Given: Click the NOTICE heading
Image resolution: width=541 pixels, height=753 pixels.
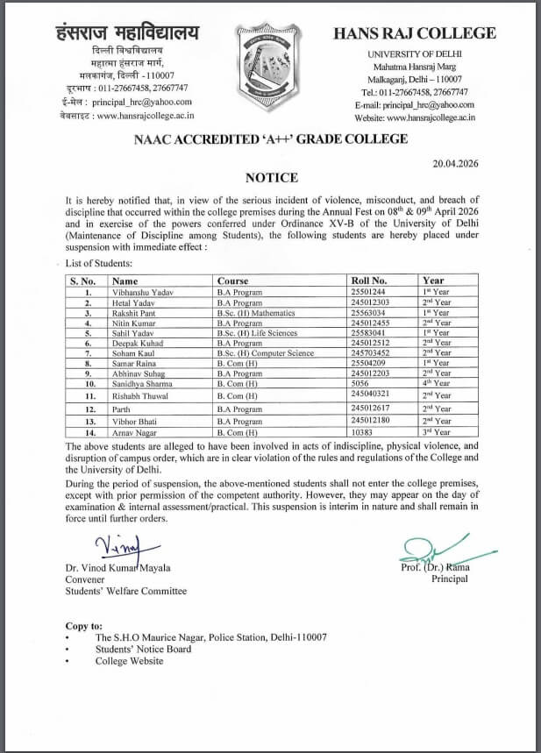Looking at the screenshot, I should (271, 176).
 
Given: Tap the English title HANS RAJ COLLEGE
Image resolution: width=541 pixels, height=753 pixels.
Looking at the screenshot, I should (415, 34).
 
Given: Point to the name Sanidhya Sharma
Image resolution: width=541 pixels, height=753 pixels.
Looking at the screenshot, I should (140, 384).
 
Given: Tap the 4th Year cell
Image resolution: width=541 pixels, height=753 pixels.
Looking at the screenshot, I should (436, 384).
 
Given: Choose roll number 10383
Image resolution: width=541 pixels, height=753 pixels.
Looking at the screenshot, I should (363, 433).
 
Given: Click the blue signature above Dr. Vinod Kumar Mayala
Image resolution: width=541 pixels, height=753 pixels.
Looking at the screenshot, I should (118, 547).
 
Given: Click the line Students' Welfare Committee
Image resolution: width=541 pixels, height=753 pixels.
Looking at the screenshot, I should (126, 591).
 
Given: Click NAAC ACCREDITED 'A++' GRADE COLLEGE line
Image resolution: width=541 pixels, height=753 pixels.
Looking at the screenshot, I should (270, 139).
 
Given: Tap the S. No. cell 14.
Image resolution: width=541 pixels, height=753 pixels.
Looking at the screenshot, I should (89, 433).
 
